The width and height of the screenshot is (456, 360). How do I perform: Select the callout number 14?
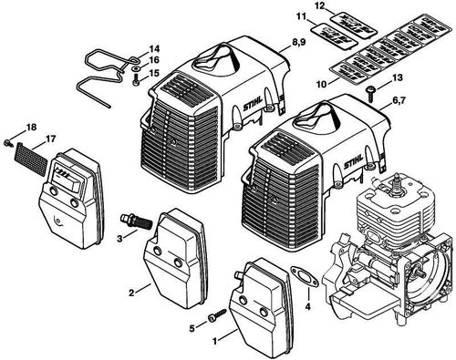154,47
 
